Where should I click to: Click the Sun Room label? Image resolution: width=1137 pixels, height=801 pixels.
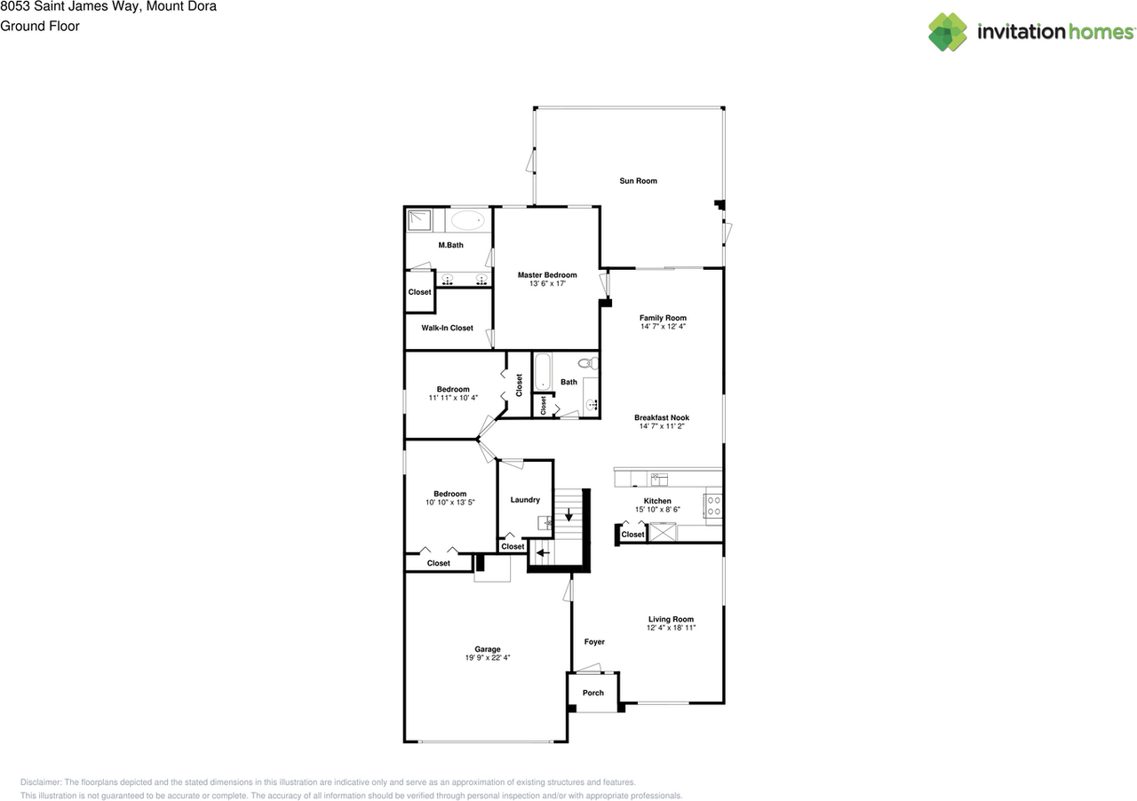638,181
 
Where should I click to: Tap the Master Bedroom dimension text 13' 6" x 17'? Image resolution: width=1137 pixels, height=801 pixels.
547,284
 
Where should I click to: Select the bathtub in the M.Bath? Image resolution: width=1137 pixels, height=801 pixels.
467,221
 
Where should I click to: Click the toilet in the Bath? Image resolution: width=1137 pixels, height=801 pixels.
585,363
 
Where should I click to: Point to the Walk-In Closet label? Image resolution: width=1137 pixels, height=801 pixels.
447,328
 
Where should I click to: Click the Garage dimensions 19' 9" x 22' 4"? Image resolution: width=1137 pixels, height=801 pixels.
487,658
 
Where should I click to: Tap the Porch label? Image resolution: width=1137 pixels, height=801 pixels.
592,693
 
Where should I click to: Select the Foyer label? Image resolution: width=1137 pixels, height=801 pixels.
593,641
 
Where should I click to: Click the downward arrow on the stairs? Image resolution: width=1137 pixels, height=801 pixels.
569,514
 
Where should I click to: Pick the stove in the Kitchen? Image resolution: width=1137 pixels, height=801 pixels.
712,506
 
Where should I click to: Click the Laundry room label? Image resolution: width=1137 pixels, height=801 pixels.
525,499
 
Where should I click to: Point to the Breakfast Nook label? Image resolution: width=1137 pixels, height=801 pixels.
662,417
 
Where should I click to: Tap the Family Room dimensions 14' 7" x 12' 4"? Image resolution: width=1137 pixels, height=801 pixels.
663,327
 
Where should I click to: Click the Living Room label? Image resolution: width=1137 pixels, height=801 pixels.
671,619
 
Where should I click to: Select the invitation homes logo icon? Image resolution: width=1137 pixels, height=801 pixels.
948,32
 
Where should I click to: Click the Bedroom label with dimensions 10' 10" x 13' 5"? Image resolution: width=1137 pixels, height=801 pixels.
450,494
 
